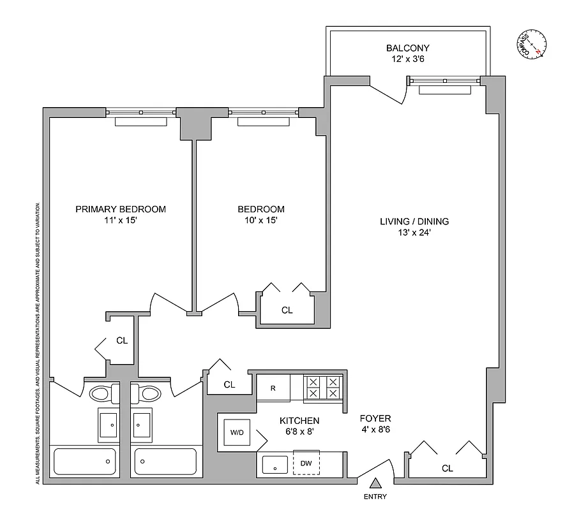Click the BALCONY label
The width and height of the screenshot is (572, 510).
click(407, 48)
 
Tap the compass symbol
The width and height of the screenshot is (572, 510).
click(531, 45)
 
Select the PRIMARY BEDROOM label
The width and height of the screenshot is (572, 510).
click(121, 209)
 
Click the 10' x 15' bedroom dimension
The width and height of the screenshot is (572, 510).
click(260, 221)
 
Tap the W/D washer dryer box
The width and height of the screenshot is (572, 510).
click(237, 432)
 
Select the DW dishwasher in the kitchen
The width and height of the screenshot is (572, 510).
click(306, 463)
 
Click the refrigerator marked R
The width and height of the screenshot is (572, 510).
click(273, 388)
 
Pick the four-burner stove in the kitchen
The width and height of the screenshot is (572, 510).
click(322, 388)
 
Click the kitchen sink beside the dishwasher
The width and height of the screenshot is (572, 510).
click(275, 463)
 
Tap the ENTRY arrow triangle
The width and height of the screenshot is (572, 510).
click(376, 483)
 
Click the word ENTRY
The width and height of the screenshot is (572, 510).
click(375, 497)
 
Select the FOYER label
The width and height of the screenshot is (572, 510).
click(375, 418)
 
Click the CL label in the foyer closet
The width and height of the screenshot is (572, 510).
click(447, 469)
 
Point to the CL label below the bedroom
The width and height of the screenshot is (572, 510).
click(287, 310)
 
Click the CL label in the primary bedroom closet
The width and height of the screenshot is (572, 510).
click(122, 340)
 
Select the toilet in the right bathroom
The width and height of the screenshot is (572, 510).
click(151, 393)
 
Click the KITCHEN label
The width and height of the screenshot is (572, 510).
click(299, 421)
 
